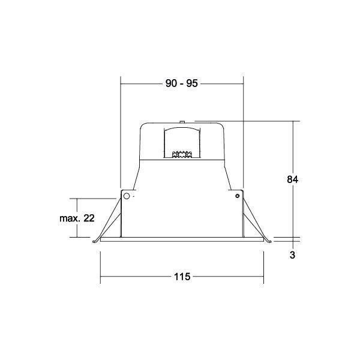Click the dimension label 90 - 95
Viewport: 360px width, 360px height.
click(x=181, y=83)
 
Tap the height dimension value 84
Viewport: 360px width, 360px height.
click(x=293, y=179)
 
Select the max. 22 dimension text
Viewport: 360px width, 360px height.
click(x=77, y=218)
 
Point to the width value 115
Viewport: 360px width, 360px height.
click(x=182, y=277)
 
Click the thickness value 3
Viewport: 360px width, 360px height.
click(x=292, y=255)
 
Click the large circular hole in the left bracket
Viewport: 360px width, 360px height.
click(x=127, y=196)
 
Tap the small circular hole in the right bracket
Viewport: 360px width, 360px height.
click(x=238, y=196)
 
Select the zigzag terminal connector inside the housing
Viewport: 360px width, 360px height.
click(x=182, y=155)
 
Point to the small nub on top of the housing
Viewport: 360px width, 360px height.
click(x=182, y=122)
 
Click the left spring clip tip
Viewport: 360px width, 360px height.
click(x=94, y=241)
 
